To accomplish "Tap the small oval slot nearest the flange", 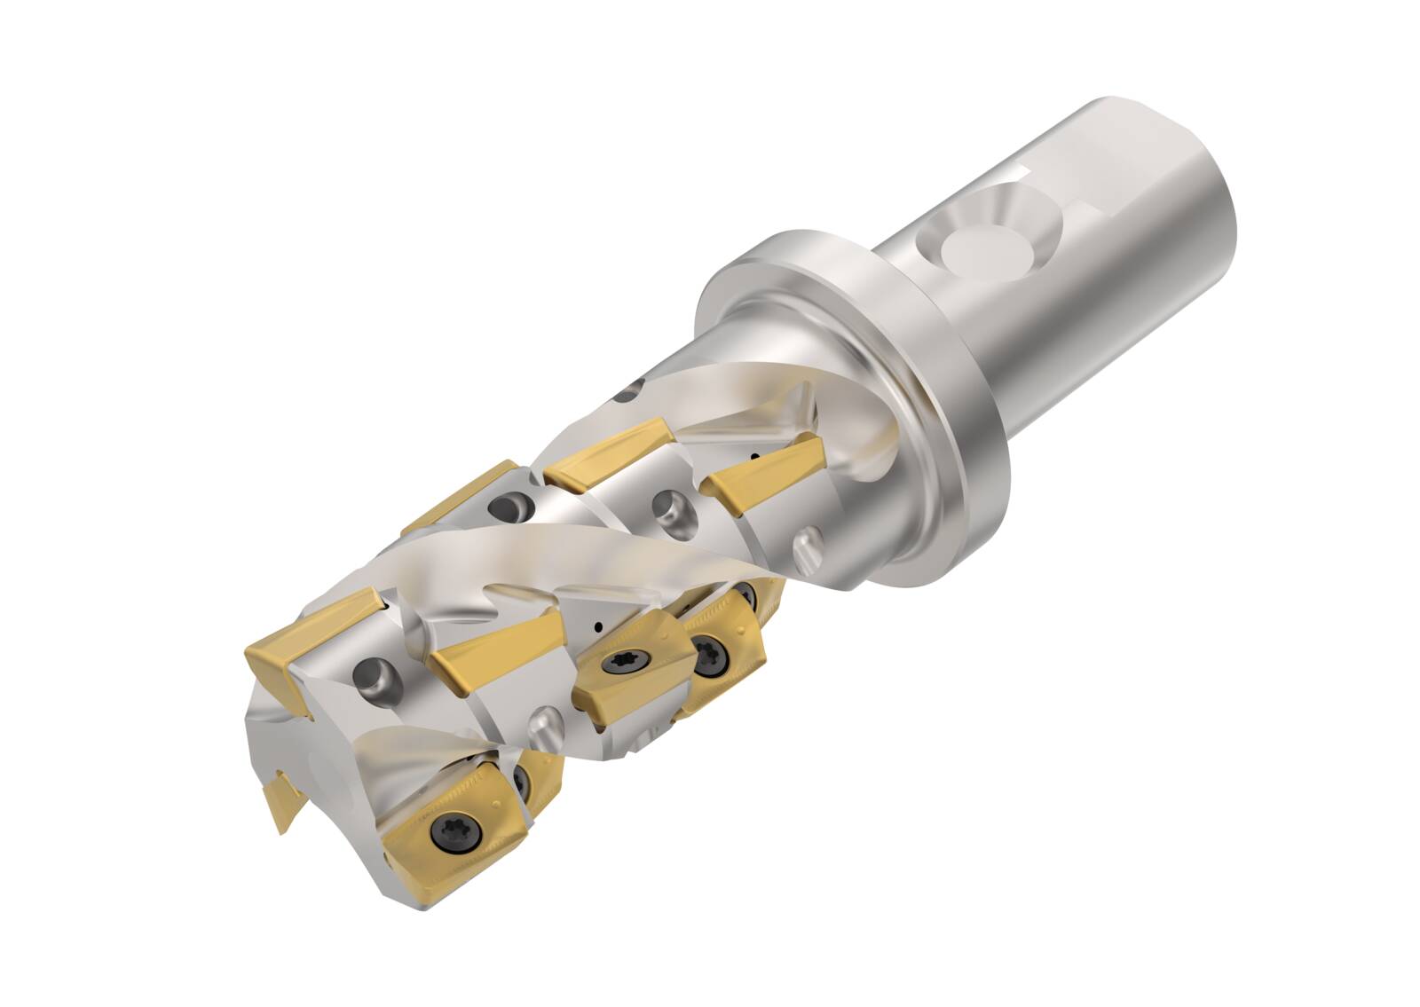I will [x=808, y=540].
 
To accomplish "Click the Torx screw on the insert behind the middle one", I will [x=710, y=655].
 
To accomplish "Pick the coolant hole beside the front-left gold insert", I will [x=369, y=677].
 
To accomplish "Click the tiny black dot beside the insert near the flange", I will [x=755, y=458].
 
